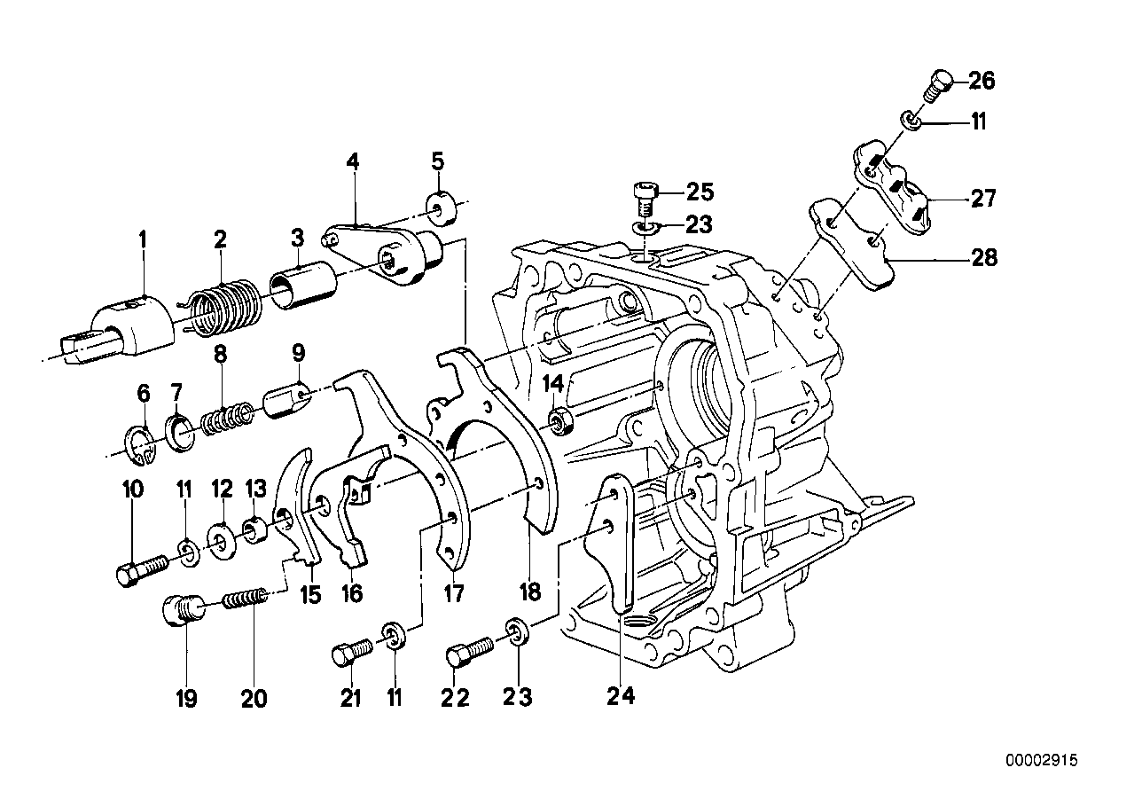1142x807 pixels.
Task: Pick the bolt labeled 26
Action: (939, 86)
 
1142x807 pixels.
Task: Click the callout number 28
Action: (983, 258)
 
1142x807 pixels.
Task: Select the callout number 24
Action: (622, 698)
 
